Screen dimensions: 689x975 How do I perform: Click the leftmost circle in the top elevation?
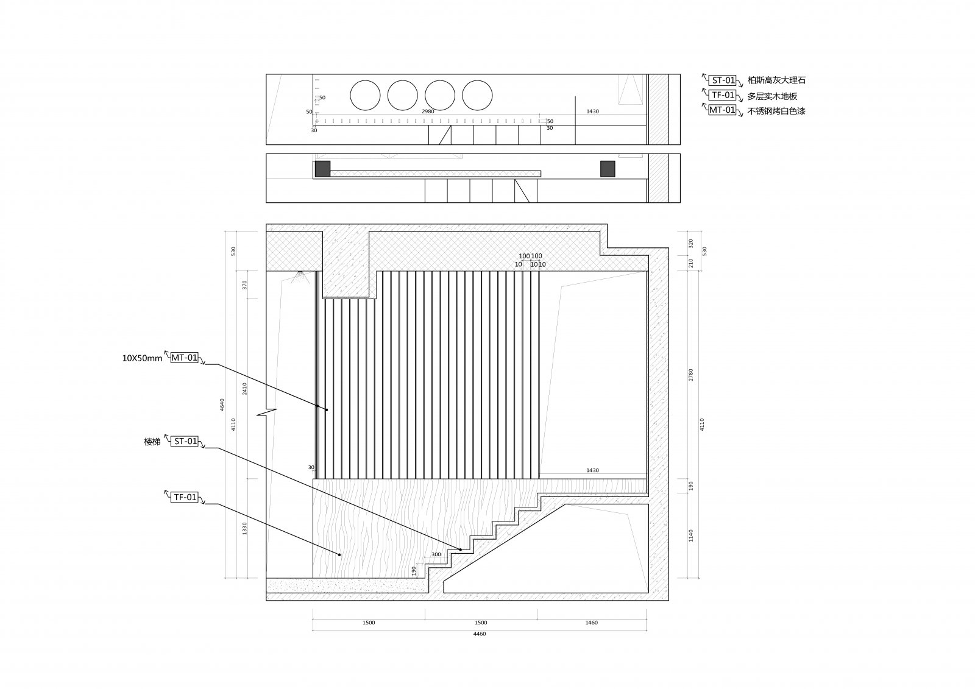365,96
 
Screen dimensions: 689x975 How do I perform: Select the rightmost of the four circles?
477,96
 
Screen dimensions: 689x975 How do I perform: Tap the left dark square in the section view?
322,169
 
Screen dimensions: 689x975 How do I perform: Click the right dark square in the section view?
608,169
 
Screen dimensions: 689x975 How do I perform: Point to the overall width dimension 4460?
480,634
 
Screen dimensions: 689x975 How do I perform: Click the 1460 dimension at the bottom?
591,623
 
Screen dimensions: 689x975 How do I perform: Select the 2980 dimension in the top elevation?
428,111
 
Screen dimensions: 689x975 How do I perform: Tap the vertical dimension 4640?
222,405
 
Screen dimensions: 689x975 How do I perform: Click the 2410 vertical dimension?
245,389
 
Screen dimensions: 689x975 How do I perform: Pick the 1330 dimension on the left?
245,528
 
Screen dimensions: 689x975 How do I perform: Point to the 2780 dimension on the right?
691,375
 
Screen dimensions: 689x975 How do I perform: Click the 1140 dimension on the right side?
691,535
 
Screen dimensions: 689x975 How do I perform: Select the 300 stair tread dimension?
436,554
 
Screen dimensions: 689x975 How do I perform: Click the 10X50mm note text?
142,358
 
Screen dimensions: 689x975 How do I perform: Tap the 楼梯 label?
152,442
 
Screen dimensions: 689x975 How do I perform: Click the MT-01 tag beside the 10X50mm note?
184,358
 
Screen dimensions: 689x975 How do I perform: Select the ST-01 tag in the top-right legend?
723,80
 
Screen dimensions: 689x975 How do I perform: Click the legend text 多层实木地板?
772,96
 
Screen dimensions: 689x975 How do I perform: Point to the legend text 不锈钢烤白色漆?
776,111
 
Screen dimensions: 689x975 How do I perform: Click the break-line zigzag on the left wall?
267,412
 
